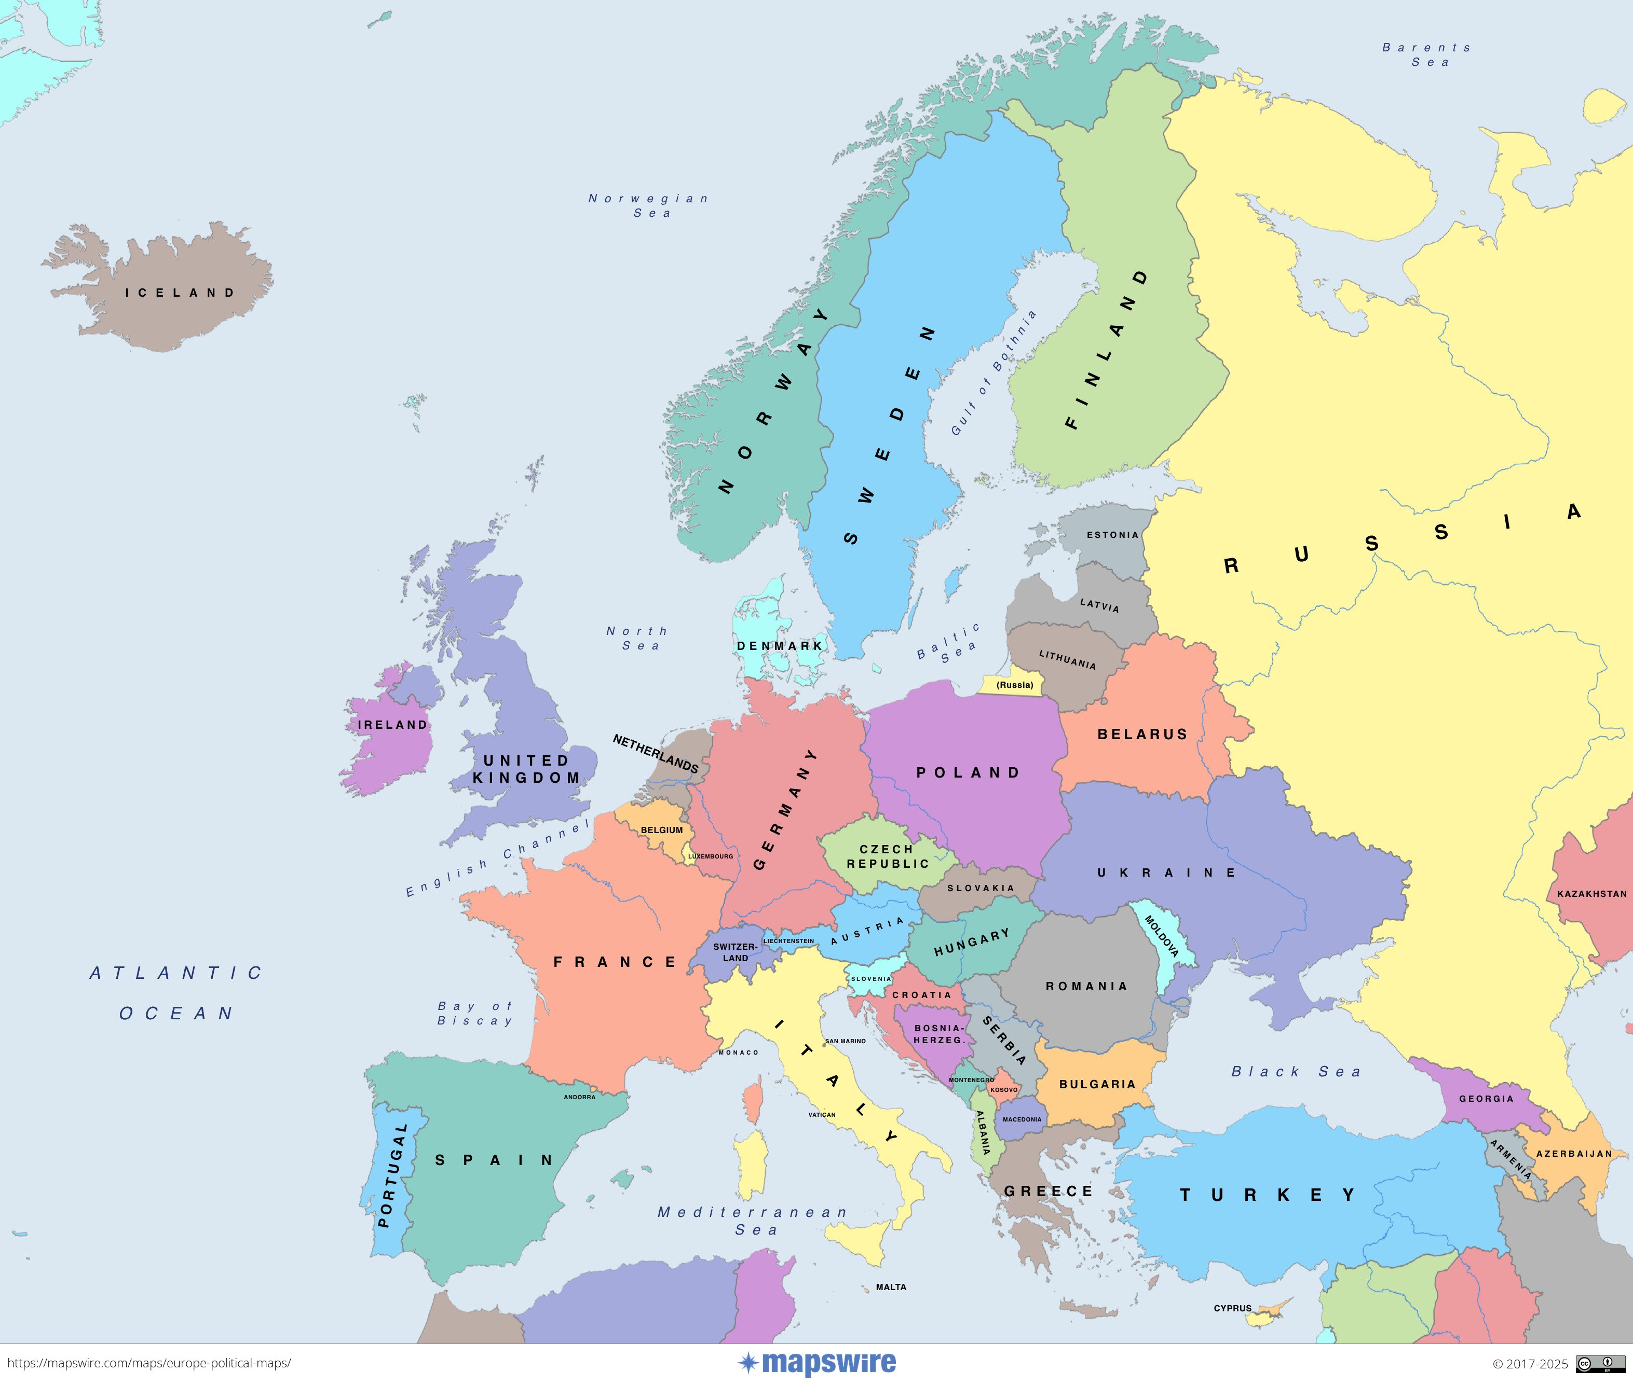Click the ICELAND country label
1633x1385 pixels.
point(180,293)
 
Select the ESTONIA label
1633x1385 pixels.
point(1112,535)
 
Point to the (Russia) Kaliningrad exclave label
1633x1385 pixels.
point(1015,685)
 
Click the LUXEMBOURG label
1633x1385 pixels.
point(711,856)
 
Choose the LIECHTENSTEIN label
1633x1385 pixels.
point(788,940)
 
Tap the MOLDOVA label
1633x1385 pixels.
point(1162,936)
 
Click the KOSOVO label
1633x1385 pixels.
point(1004,1090)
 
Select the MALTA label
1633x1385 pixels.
point(892,1287)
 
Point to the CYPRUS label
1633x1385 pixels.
point(1232,1308)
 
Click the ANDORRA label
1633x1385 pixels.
point(580,1097)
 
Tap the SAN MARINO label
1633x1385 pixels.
point(845,1041)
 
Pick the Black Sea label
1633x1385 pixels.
point(1296,1072)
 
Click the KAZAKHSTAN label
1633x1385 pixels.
point(1592,893)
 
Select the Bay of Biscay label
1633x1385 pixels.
point(475,1013)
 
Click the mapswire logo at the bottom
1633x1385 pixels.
point(817,1363)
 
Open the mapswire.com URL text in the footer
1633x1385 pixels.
point(149,1364)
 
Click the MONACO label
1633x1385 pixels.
point(738,1052)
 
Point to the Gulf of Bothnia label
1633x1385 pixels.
point(994,373)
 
